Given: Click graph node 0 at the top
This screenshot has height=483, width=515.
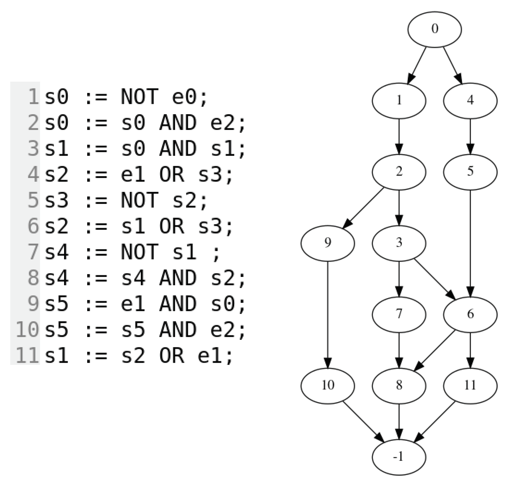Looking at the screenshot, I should tap(434, 29).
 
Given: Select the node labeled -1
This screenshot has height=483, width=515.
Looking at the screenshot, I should tap(399, 457).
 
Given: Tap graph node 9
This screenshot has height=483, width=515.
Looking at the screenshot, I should tap(327, 243).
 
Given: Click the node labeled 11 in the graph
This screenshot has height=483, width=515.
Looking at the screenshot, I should tap(470, 386).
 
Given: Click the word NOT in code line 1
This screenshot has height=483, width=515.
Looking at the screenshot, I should tap(139, 97).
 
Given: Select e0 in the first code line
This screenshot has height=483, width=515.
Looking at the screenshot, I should tap(184, 97).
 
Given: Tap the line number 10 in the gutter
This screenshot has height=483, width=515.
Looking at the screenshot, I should tap(27, 330).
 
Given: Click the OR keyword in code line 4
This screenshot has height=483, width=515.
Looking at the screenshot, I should tap(171, 175).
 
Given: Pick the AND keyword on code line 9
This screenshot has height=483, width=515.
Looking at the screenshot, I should tap(178, 304).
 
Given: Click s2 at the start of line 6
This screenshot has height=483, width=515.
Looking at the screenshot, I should tap(56, 226).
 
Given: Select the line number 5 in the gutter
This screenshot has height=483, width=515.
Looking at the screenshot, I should tap(33, 200).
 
